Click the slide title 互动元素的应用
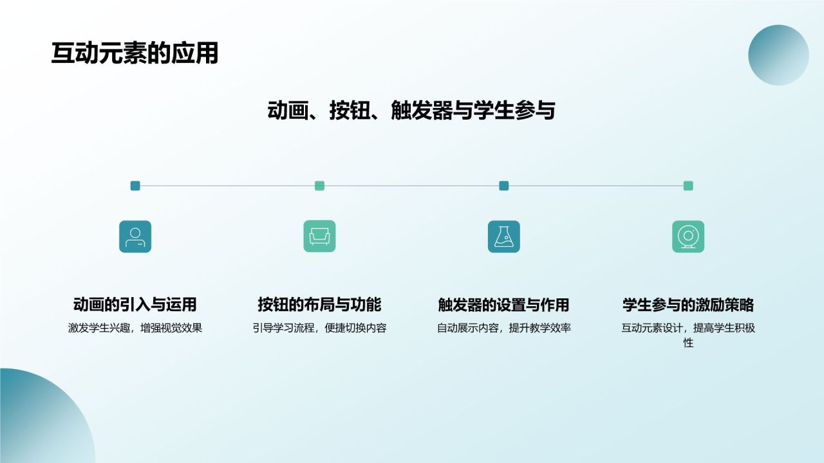pos(135,53)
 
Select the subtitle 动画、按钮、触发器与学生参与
pos(411,111)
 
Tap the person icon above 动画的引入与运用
pos(135,237)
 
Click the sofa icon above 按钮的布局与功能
pos(319,237)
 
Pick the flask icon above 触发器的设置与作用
pos(503,237)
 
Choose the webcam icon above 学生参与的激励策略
pos(688,237)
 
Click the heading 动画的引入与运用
pos(135,304)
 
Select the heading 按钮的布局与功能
pos(319,304)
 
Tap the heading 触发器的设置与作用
pos(503,304)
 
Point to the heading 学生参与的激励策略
pos(688,304)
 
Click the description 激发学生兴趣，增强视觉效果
pos(135,328)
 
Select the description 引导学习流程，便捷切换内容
pos(319,328)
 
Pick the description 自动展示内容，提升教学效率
pos(503,328)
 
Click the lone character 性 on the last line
pos(688,343)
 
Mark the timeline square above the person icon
pos(135,186)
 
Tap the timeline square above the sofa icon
pos(319,186)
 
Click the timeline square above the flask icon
pos(503,186)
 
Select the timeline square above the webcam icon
pos(688,186)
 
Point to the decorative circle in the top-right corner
pos(778,55)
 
